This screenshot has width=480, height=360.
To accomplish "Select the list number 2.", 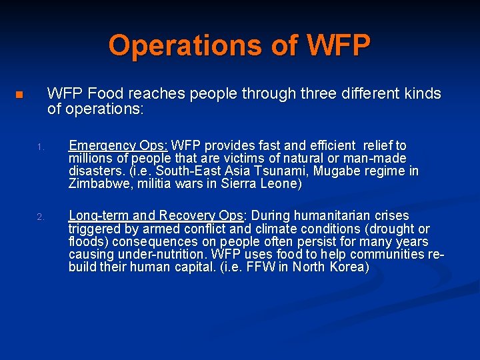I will pyautogui.click(x=40, y=217).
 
